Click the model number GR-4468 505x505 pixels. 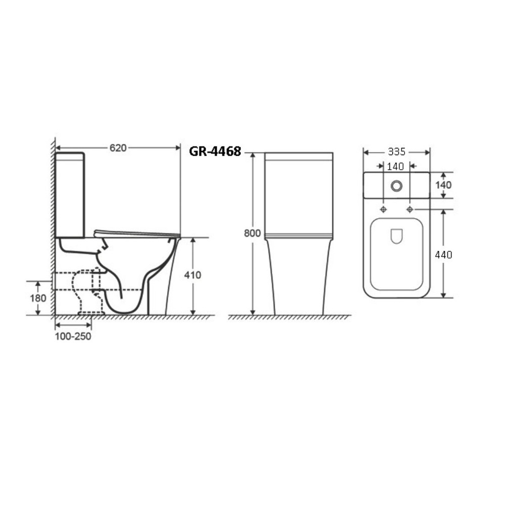pyautogui.click(x=215, y=151)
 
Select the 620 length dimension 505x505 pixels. pyautogui.click(x=118, y=148)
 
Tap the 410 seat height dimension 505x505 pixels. pyautogui.click(x=192, y=275)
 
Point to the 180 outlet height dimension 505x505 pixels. pyautogui.click(x=38, y=298)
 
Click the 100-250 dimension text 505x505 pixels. pyautogui.click(x=73, y=336)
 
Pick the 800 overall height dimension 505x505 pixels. pyautogui.click(x=252, y=233)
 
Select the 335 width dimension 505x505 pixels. pyautogui.click(x=396, y=151)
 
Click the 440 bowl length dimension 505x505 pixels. pyautogui.click(x=443, y=255)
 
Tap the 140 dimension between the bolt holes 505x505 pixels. pyautogui.click(x=395, y=166)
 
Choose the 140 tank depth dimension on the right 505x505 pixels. pyautogui.click(x=443, y=185)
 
